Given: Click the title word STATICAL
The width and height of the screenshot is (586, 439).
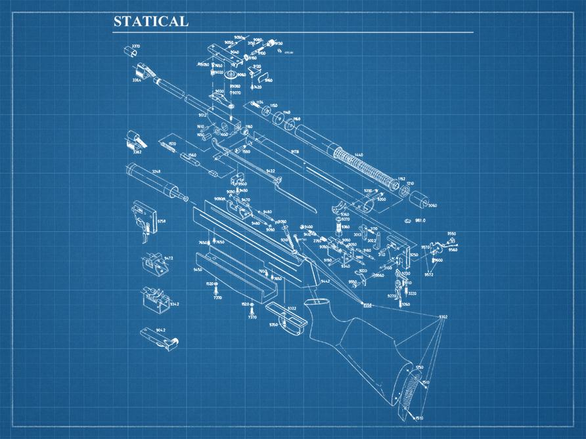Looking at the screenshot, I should click(150, 21).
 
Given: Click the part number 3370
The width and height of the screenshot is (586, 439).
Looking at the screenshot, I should click(135, 46).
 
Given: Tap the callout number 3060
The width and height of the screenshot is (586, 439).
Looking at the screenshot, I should click(432, 205).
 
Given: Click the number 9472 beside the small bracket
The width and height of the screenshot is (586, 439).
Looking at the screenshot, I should click(168, 258).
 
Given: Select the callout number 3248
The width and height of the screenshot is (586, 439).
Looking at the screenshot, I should click(156, 171).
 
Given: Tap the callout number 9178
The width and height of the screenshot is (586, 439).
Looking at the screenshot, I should click(295, 152).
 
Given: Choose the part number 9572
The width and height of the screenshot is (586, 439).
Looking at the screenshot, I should click(428, 275).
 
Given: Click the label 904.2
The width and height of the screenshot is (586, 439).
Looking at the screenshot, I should click(160, 329).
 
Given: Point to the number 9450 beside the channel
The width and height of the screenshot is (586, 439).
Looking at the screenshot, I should click(197, 270).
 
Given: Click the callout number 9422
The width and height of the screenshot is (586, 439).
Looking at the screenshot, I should click(270, 171).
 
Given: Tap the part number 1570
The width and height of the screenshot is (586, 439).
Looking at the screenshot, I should click(172, 143).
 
